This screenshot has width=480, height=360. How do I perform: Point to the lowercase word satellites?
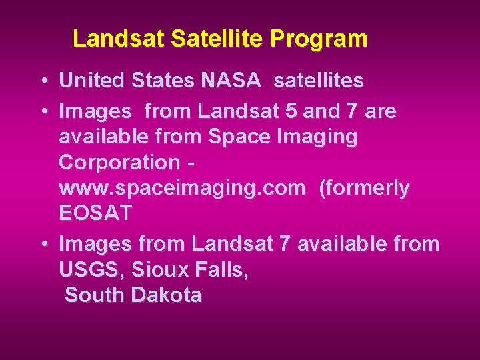point(319,81)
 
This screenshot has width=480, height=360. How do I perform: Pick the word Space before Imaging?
point(237,137)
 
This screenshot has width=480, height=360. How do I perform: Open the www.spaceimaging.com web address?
point(182,189)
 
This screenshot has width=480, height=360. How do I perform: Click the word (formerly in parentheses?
point(365,189)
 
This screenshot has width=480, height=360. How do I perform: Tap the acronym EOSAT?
point(95,214)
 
